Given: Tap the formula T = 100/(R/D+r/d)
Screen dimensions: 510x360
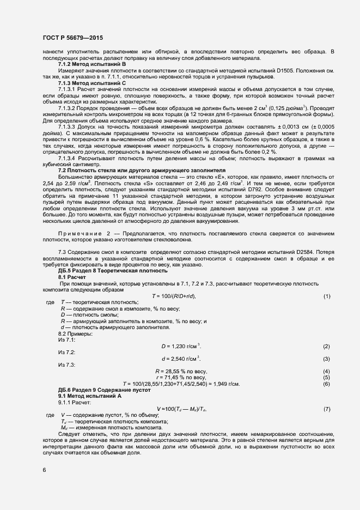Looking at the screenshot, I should [173, 296].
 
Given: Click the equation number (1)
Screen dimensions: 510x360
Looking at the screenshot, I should [327, 296].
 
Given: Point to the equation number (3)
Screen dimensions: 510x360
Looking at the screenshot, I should [327, 359].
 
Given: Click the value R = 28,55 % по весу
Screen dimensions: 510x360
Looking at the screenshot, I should [181, 372].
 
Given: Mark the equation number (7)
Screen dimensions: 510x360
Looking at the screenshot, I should [327, 409].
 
